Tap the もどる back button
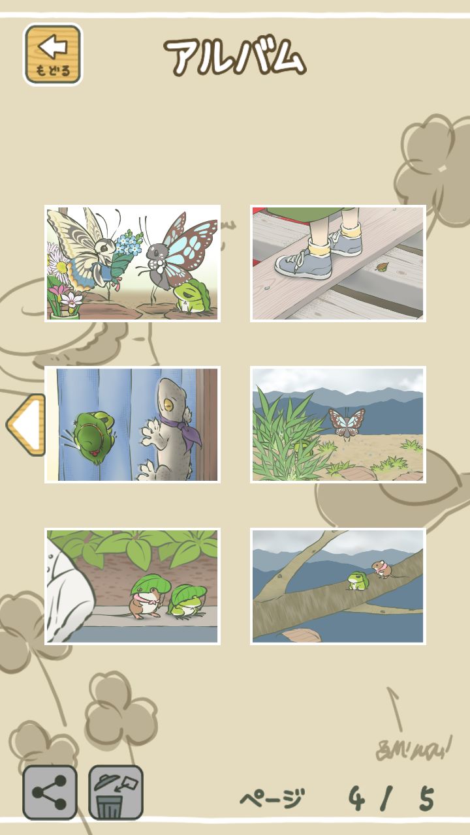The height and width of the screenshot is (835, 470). [53, 54]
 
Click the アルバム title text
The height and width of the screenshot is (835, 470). [235, 57]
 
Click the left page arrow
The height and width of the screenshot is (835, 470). [26, 425]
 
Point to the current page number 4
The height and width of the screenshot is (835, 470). [357, 798]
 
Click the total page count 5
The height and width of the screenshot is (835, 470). [427, 798]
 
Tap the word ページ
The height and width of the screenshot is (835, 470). [272, 798]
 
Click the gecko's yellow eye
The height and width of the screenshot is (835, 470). [169, 404]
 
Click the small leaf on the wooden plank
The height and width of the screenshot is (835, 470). [382, 267]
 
